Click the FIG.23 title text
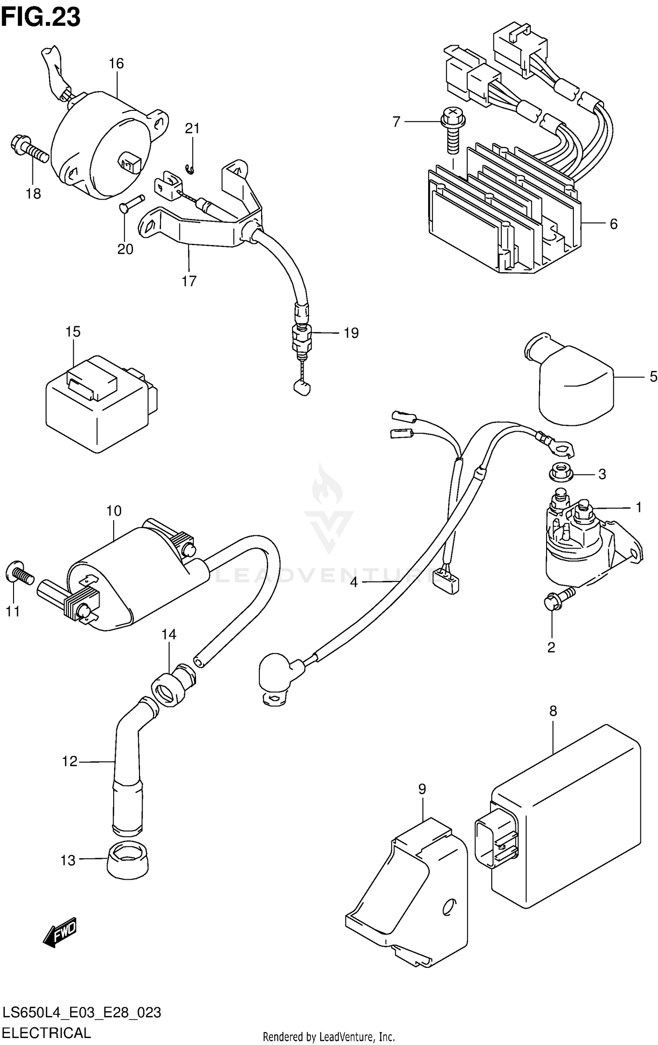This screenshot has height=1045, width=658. coord(40,18)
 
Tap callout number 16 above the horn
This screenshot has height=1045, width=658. coord(116,64)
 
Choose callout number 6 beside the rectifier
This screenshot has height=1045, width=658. coord(613,225)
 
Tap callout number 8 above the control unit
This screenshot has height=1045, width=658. coord(553,711)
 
